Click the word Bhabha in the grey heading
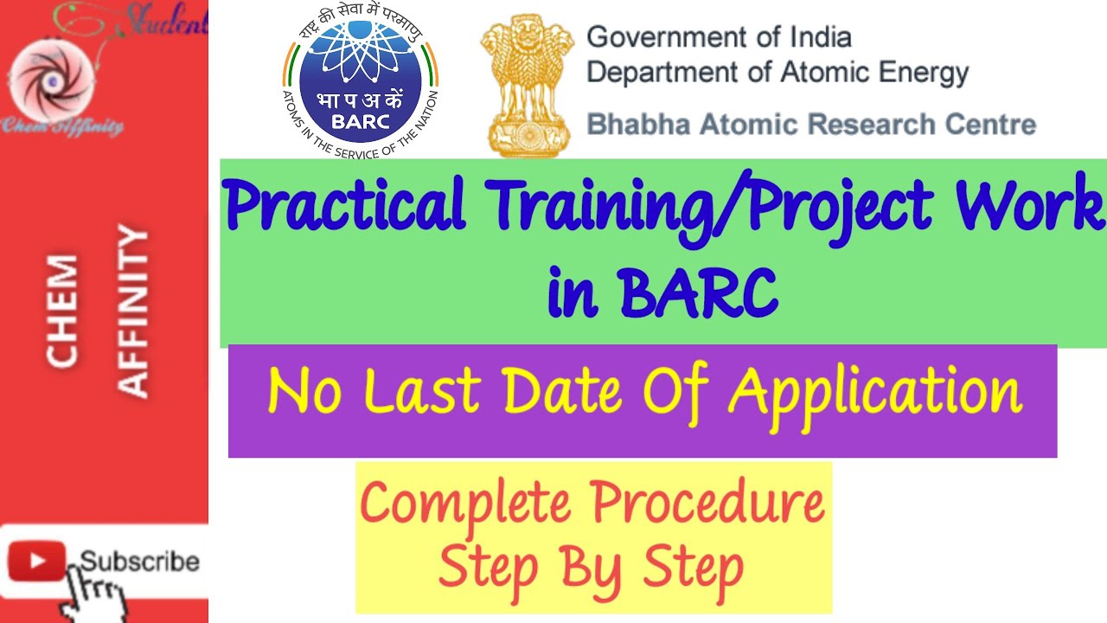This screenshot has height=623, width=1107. [x=633, y=124]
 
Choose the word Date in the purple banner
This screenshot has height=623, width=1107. [x=562, y=391]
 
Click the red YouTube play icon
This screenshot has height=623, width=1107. [x=36, y=562]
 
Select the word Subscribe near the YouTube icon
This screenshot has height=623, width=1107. [x=140, y=562]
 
